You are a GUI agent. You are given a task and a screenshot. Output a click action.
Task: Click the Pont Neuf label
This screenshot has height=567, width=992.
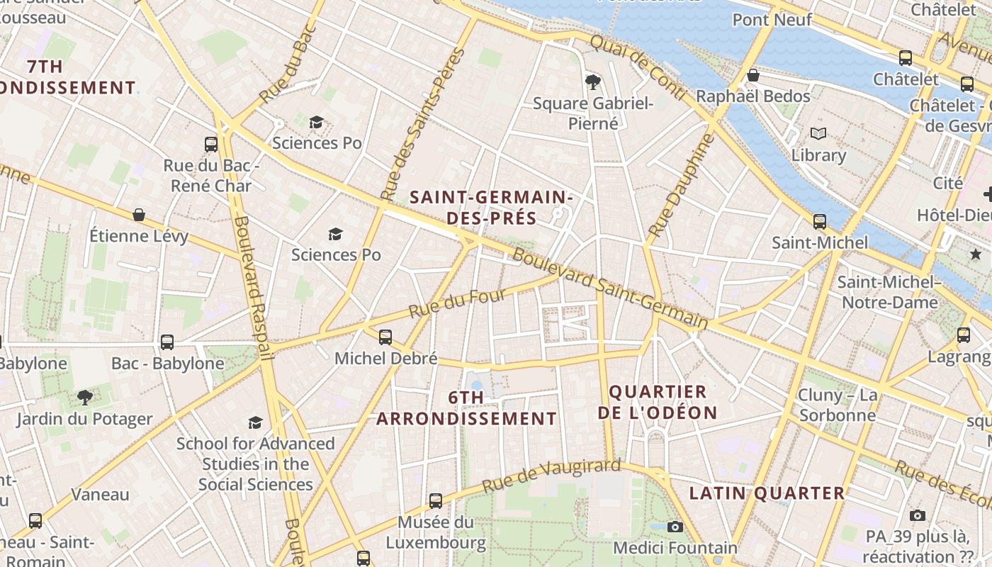772,19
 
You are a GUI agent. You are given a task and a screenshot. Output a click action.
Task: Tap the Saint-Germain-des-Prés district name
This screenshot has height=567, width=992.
491,207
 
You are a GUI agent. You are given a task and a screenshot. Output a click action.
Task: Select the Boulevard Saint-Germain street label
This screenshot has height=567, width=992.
609,289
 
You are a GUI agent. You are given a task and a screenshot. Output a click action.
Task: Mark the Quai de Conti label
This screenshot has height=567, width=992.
637,67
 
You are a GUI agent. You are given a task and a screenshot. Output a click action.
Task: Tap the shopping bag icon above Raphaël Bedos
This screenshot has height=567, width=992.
753,75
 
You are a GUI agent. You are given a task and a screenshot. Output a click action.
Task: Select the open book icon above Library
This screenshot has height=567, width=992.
818,133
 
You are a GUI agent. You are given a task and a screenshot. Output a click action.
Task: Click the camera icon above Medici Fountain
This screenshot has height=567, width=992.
675,527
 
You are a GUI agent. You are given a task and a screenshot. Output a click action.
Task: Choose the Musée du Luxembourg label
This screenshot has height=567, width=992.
435,533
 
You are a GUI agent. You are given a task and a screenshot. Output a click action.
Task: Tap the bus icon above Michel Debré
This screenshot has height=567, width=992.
385,337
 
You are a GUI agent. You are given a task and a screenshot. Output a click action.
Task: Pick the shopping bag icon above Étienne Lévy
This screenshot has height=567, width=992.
139,214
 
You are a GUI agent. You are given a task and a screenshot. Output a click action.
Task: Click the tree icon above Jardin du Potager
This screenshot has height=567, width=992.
85,397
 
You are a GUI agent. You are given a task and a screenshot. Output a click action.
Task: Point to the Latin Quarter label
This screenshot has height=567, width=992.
767,493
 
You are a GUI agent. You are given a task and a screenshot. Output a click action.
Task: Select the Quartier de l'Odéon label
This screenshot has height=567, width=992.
658,402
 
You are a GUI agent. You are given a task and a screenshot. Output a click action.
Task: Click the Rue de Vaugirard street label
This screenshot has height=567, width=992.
551,476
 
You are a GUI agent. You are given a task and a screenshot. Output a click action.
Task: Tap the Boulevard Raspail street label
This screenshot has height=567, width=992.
253,287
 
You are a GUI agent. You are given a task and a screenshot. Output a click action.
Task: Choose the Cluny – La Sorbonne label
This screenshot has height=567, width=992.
838,405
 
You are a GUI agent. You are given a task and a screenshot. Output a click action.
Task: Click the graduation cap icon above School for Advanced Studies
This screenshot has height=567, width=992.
255,422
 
